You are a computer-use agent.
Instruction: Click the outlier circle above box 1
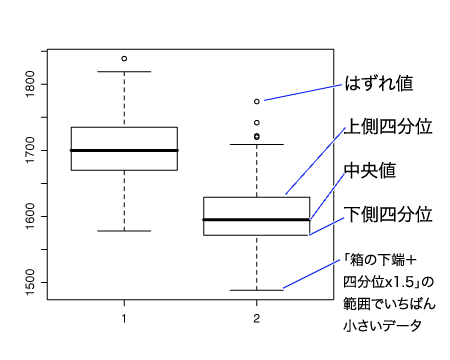click(124, 59)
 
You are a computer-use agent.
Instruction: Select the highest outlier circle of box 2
click(257, 101)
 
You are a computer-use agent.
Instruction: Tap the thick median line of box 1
click(124, 150)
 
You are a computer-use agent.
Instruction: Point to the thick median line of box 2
click(256, 220)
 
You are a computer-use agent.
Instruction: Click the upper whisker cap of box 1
click(124, 71)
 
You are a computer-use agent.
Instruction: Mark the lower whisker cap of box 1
click(124, 231)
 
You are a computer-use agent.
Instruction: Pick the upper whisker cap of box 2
click(257, 144)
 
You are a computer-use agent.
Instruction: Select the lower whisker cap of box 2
click(257, 290)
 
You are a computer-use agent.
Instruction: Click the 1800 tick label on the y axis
click(30, 84)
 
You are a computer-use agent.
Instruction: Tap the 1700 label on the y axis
click(30, 150)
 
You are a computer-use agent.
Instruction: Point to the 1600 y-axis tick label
click(30, 217)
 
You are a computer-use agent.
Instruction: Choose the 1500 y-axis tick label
click(30, 283)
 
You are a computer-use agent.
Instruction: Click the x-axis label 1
click(124, 319)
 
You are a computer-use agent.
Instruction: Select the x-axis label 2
click(256, 319)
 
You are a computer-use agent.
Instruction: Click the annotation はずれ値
click(379, 83)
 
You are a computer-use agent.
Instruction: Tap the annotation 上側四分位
click(388, 127)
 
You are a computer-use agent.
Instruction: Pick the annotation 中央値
click(370, 170)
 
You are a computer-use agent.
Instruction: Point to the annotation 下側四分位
click(388, 214)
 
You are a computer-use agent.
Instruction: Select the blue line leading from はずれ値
click(303, 93)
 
